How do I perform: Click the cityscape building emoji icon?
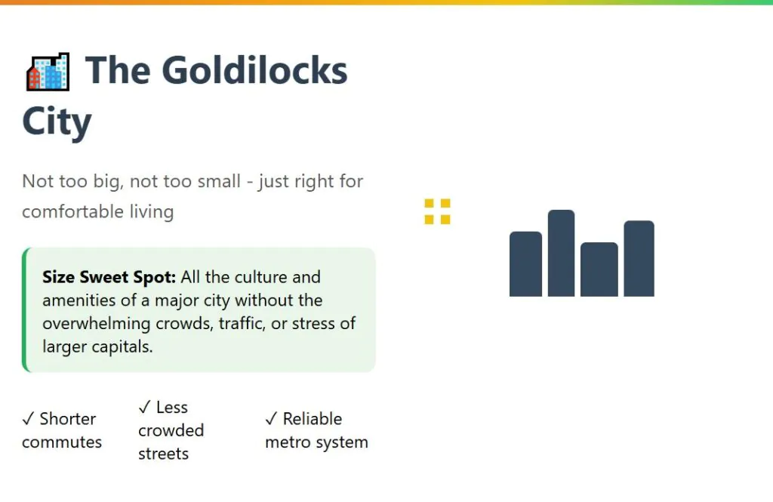(48, 72)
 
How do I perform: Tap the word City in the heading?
(57, 122)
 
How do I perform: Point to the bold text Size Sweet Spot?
(109, 277)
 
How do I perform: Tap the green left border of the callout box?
(25, 310)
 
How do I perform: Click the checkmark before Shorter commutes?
(28, 419)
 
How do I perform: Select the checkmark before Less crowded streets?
(144, 408)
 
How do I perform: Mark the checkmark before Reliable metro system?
(271, 419)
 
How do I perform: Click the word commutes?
(62, 442)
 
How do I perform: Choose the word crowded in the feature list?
(171, 430)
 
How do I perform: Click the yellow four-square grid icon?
(437, 211)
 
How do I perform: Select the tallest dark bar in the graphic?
(561, 253)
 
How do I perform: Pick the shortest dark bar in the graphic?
(599, 269)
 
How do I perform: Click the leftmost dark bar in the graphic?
(525, 263)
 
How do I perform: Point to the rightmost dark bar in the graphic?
(639, 258)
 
